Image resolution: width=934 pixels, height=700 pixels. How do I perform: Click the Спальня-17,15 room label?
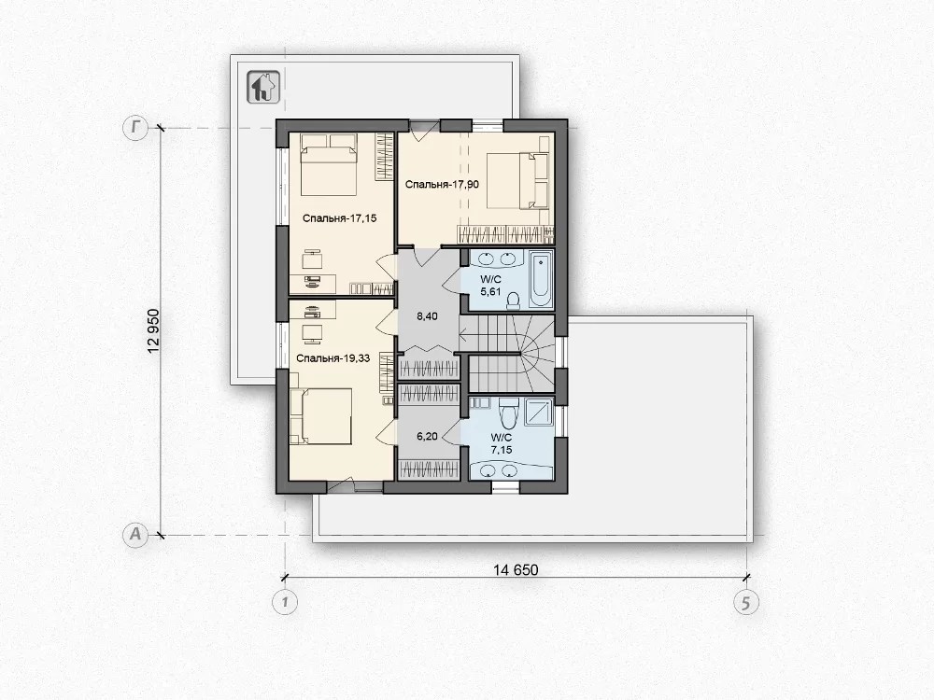pos(340,218)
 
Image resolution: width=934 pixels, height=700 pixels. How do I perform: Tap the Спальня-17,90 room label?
pos(442,185)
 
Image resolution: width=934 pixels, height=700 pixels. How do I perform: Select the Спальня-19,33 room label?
pos(333,358)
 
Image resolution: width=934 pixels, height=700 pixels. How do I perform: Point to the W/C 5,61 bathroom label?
pos(491,285)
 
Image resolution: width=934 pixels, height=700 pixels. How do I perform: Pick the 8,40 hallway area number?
pos(427,316)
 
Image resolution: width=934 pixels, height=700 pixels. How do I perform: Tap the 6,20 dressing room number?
pos(427,436)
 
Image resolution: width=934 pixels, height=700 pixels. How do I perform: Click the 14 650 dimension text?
pos(516,569)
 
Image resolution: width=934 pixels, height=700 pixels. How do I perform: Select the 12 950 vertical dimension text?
pos(154,331)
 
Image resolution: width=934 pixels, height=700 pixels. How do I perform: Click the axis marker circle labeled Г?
pos(135,128)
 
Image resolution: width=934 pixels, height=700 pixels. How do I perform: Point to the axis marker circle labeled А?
pos(135,535)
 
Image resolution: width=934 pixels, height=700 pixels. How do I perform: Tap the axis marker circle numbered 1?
pos(285,602)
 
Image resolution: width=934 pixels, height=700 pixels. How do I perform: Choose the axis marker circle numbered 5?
pos(745,603)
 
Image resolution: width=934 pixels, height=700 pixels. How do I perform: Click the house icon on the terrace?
pos(263,87)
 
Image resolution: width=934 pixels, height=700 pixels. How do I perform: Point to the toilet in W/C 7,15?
pos(508,413)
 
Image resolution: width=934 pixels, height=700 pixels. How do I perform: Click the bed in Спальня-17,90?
pos(517,181)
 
